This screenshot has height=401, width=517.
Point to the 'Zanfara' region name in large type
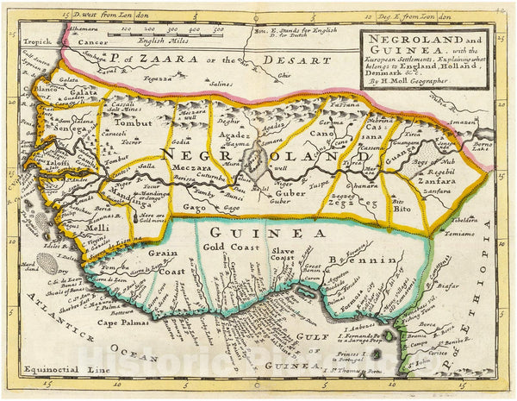pyautogui.click(x=441, y=182)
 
